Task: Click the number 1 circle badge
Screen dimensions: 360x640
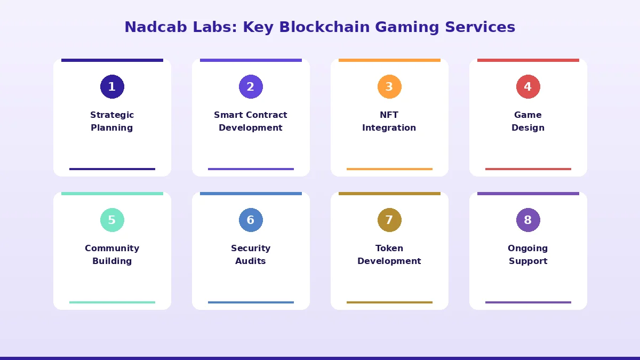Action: pos(112,87)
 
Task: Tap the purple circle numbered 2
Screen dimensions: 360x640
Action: pos(251,87)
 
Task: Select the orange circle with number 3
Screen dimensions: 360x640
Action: pos(389,87)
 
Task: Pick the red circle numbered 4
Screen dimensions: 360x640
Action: pos(528,87)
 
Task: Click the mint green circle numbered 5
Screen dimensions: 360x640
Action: pos(112,220)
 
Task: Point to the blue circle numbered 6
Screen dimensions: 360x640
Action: pos(251,220)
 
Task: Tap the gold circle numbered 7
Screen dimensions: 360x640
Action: pos(389,220)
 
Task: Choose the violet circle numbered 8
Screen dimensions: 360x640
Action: pos(528,220)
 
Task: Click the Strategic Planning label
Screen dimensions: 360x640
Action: pos(112,122)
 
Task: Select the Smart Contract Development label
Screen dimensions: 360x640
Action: pos(251,122)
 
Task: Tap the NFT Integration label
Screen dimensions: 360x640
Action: pos(389,122)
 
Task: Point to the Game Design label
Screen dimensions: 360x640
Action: pos(528,122)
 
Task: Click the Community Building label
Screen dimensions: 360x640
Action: pos(112,255)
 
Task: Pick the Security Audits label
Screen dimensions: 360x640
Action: pos(251,255)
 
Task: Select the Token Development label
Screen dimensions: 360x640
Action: pos(389,255)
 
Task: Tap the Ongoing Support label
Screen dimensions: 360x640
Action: pos(528,255)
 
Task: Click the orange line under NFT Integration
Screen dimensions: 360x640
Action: pos(389,169)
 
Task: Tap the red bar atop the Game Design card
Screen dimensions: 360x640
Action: pos(528,60)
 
